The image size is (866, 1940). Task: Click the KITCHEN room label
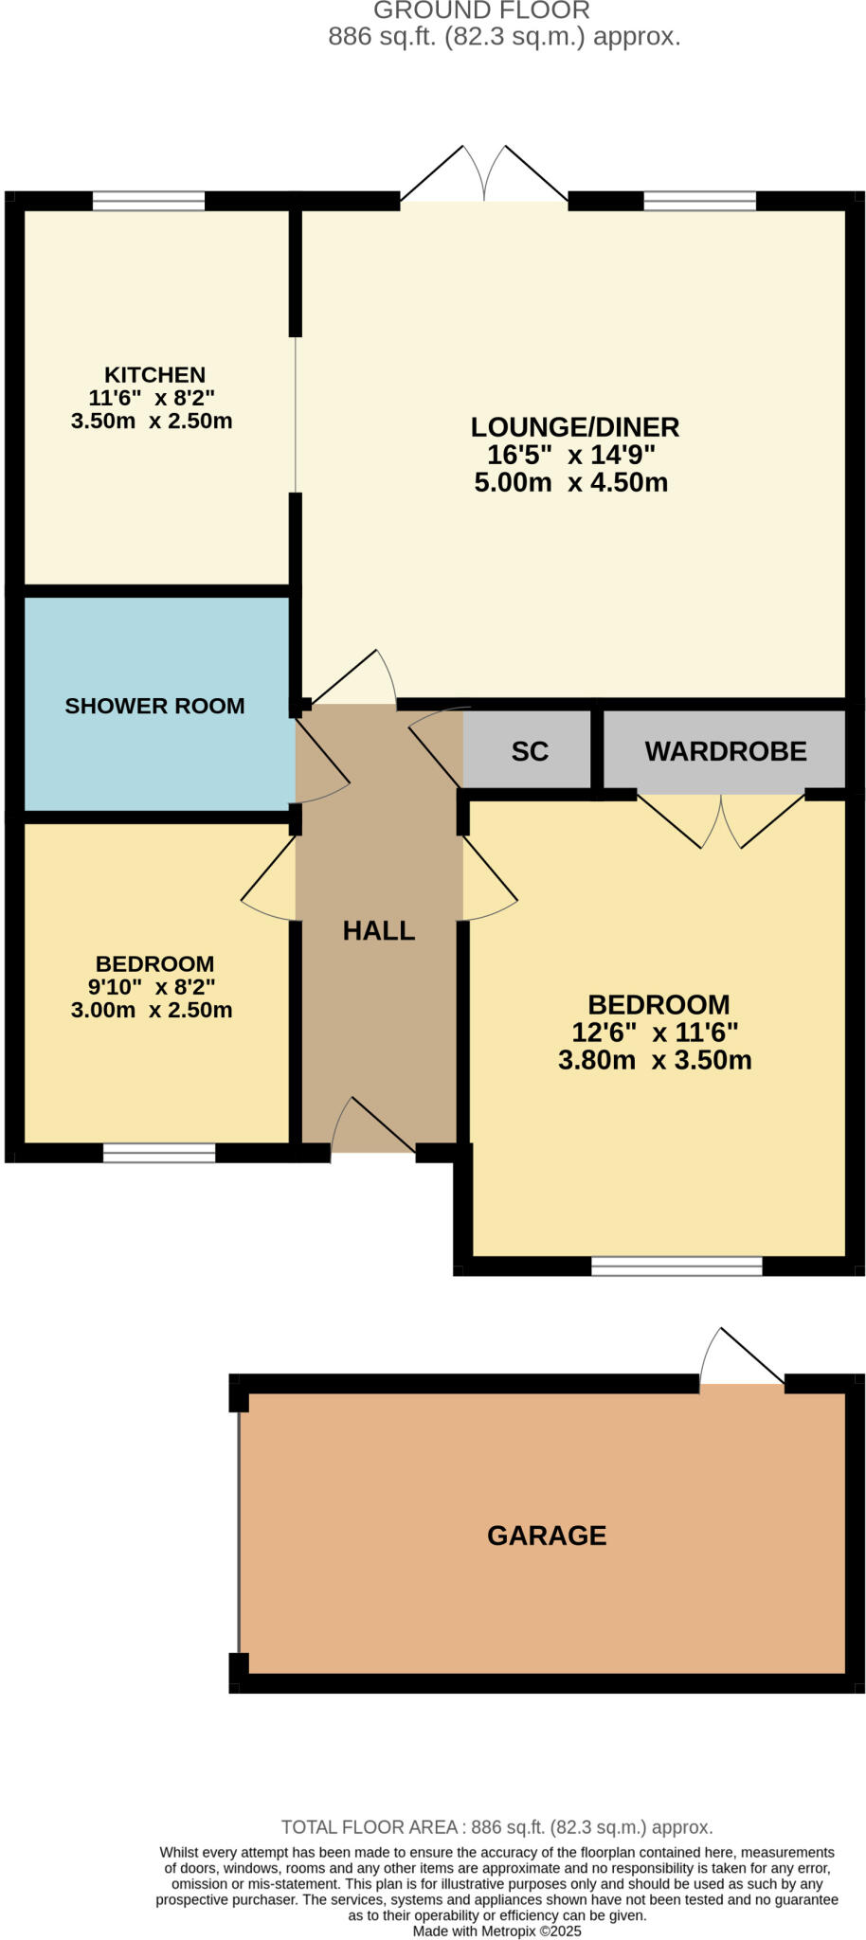(x=154, y=375)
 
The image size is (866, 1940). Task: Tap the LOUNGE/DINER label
(x=575, y=427)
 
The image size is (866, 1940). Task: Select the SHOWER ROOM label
(x=154, y=706)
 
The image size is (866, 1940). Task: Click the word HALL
(x=379, y=931)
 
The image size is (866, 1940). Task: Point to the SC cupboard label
(x=530, y=751)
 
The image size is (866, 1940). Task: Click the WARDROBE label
(x=726, y=751)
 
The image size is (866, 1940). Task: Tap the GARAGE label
(x=547, y=1536)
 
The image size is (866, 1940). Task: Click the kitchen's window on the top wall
(x=149, y=201)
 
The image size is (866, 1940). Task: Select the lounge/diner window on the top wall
(x=700, y=201)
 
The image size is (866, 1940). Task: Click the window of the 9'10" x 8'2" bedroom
(x=159, y=1153)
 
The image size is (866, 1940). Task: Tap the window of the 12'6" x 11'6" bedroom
(x=677, y=1266)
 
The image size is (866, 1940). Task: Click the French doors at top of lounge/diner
(x=484, y=174)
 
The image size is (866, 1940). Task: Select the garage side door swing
(x=742, y=1356)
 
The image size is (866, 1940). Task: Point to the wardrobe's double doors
(x=721, y=821)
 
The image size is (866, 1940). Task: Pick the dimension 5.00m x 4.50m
(x=571, y=482)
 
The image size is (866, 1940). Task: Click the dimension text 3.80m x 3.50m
(x=655, y=1060)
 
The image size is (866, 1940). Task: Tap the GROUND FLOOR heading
(x=481, y=10)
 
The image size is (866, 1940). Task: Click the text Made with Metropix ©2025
(x=497, y=1931)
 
